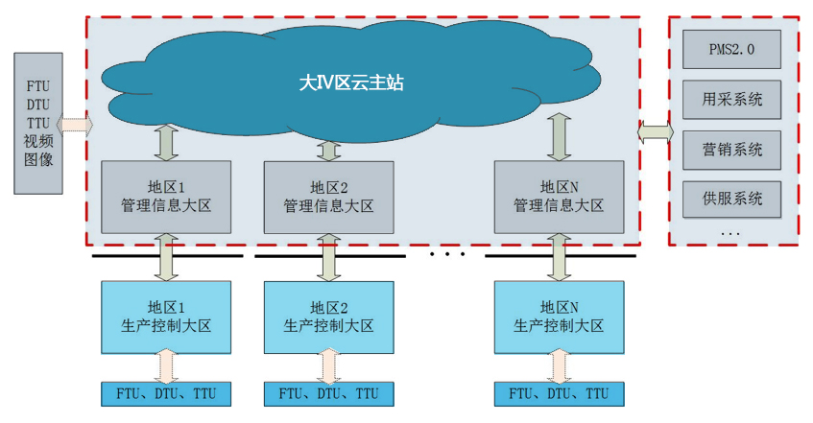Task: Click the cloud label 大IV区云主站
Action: pyautogui.click(x=351, y=83)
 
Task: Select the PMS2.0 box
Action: pyautogui.click(x=730, y=49)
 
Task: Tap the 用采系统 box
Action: pyautogui.click(x=730, y=99)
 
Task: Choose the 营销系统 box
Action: pyautogui.click(x=730, y=149)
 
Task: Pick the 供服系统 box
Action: pyautogui.click(x=730, y=199)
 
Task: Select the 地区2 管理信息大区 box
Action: pyautogui.click(x=328, y=197)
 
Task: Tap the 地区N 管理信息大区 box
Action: pyautogui.click(x=559, y=197)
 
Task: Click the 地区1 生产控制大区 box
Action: pyautogui.click(x=166, y=316)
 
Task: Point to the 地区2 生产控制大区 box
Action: pyautogui.click(x=328, y=316)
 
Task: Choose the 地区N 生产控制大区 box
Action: pyautogui.click(x=559, y=316)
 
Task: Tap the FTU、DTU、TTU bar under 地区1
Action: pyautogui.click(x=166, y=393)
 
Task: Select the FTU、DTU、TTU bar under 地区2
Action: pyautogui.click(x=328, y=393)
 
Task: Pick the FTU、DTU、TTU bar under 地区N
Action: pyautogui.click(x=559, y=393)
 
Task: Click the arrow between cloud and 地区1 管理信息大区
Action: pyautogui.click(x=167, y=142)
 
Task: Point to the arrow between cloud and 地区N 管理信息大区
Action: pyautogui.click(x=559, y=137)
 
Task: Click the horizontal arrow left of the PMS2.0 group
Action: pyautogui.click(x=655, y=133)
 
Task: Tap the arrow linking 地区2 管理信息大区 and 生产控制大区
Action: pyautogui.click(x=329, y=256)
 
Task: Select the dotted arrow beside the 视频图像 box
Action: pyautogui.click(x=76, y=124)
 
